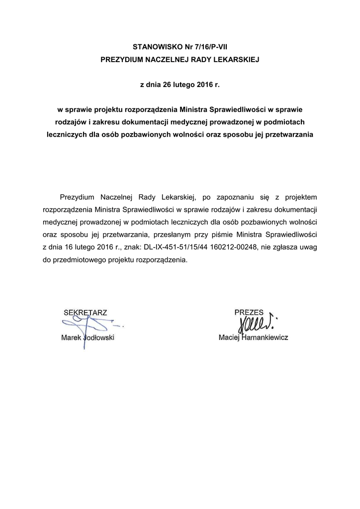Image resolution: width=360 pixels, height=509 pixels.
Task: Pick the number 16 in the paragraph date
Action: point(66,247)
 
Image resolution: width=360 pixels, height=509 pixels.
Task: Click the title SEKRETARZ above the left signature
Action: point(86,313)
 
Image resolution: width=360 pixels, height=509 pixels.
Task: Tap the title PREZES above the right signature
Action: point(249,312)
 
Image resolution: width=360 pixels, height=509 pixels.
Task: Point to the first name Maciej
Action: point(229,338)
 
